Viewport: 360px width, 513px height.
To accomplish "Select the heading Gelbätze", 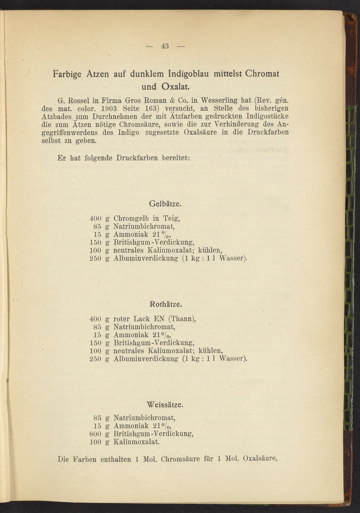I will [x=165, y=204].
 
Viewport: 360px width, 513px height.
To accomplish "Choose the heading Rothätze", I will [x=166, y=304].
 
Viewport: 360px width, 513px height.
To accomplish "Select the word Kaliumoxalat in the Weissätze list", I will [x=136, y=442].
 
